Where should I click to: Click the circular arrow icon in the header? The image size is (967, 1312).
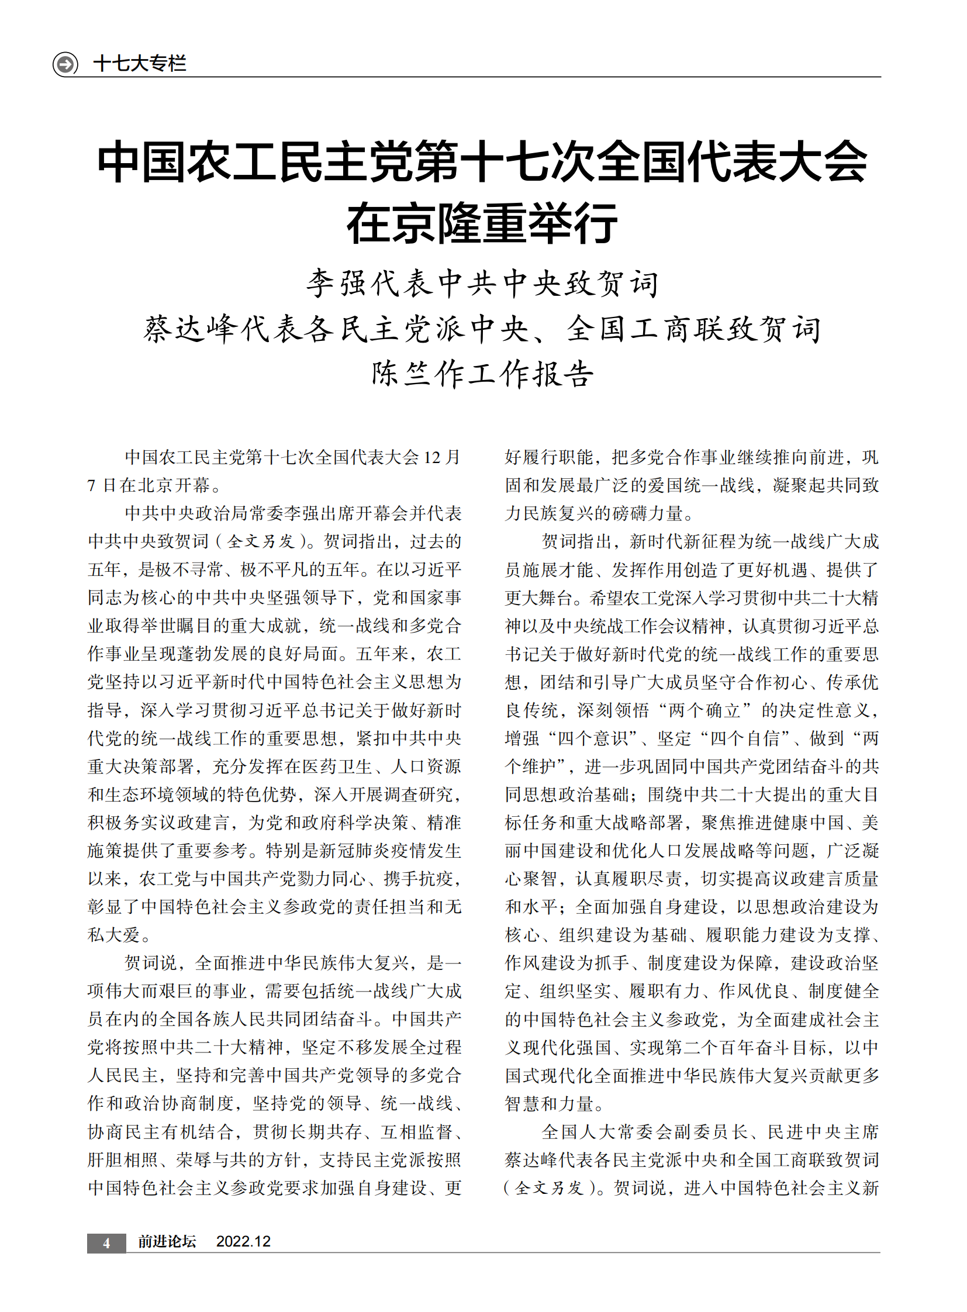pos(65,63)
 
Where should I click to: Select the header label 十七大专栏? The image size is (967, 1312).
pos(140,63)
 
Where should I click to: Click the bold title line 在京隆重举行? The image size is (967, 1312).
pos(482,224)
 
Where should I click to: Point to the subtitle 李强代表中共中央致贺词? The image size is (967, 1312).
pos(483,284)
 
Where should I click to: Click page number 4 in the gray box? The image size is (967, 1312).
pos(106,1242)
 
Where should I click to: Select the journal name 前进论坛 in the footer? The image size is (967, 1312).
pos(167,1242)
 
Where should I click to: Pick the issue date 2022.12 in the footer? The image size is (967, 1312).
pos(244,1242)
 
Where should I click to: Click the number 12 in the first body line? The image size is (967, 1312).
pos(432,457)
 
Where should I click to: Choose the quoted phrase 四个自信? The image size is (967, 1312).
pos(745,738)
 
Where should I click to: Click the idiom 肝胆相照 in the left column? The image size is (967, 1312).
pos(123,1160)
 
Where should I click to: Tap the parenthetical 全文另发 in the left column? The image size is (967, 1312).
pos(261,541)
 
